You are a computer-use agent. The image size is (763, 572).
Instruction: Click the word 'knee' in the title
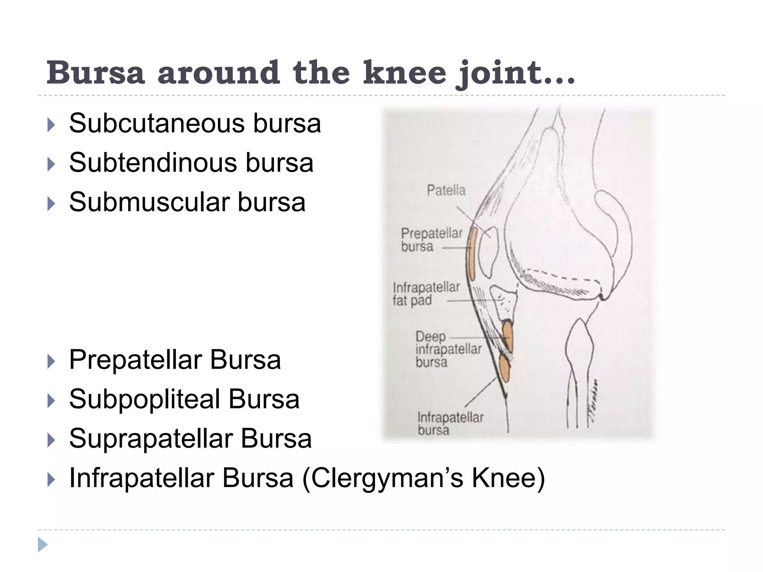pos(405,72)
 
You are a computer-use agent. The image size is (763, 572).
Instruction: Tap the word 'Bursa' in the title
pos(95,72)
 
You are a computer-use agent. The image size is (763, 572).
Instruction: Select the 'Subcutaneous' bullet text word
pos(157,123)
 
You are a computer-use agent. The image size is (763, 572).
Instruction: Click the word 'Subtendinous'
pos(152,163)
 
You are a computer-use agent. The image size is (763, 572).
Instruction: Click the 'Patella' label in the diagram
pos(446,190)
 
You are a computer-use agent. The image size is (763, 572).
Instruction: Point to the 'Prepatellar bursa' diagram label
pos(431,240)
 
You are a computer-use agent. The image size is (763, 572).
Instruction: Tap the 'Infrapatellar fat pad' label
pos(426,293)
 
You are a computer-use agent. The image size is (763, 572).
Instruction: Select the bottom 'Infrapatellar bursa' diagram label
pos(450,423)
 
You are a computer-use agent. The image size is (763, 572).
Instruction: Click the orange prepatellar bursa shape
pos(472,254)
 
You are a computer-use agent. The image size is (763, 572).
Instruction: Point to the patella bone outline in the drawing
pos(488,253)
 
